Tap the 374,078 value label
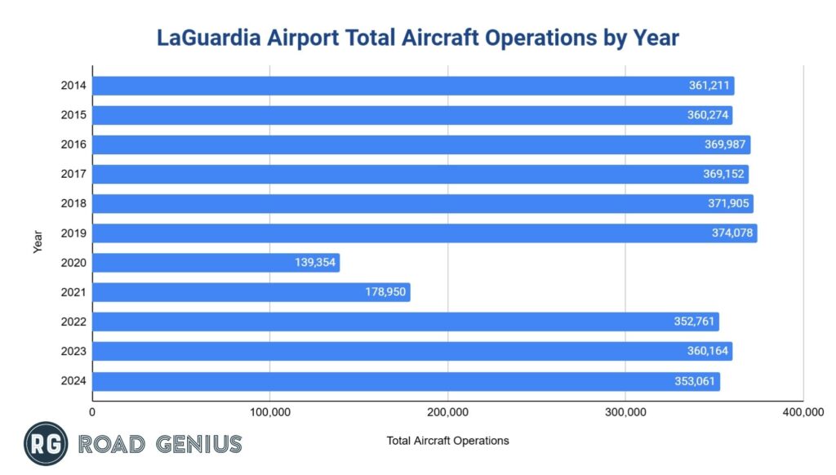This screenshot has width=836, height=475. tap(732, 233)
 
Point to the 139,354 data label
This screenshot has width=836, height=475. tap(314, 263)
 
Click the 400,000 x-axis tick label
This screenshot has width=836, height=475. tap(803, 413)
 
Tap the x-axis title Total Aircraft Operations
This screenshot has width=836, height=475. tap(447, 441)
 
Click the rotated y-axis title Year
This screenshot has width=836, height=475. tap(38, 241)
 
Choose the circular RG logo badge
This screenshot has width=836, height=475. tap(46, 444)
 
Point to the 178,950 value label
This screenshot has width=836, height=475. tap(385, 292)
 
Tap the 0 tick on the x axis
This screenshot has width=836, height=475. tap(92, 413)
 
